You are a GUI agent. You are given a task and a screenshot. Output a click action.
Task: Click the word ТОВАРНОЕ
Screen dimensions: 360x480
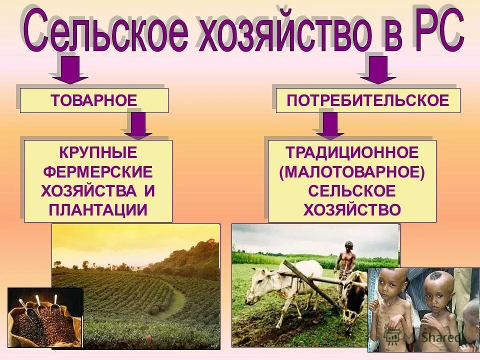coord(94,100)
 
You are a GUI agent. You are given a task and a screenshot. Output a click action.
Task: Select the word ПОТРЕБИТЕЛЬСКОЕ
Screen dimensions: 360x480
coord(367,100)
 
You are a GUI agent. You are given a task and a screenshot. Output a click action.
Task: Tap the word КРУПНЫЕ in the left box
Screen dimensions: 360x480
coord(98,152)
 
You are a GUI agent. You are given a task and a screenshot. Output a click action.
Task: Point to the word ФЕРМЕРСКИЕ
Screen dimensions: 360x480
coord(98,171)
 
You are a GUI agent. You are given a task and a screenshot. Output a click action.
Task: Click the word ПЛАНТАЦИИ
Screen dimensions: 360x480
coord(98,209)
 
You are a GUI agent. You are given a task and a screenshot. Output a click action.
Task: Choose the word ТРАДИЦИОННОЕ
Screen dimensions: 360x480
coord(352,152)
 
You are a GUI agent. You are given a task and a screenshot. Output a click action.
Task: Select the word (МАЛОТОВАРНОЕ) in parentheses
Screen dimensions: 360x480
coord(352,171)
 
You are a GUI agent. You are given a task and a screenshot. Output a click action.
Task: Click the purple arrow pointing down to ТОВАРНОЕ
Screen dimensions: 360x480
coord(70,70)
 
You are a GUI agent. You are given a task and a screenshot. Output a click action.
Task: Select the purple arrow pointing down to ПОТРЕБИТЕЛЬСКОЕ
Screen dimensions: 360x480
coord(378,70)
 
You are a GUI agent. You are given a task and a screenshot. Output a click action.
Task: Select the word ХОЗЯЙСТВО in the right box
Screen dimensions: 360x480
coord(352,209)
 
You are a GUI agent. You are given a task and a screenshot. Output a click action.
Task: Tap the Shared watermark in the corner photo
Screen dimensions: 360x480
coord(440,337)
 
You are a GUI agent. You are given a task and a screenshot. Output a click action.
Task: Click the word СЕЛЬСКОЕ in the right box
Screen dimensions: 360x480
coord(352,190)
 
